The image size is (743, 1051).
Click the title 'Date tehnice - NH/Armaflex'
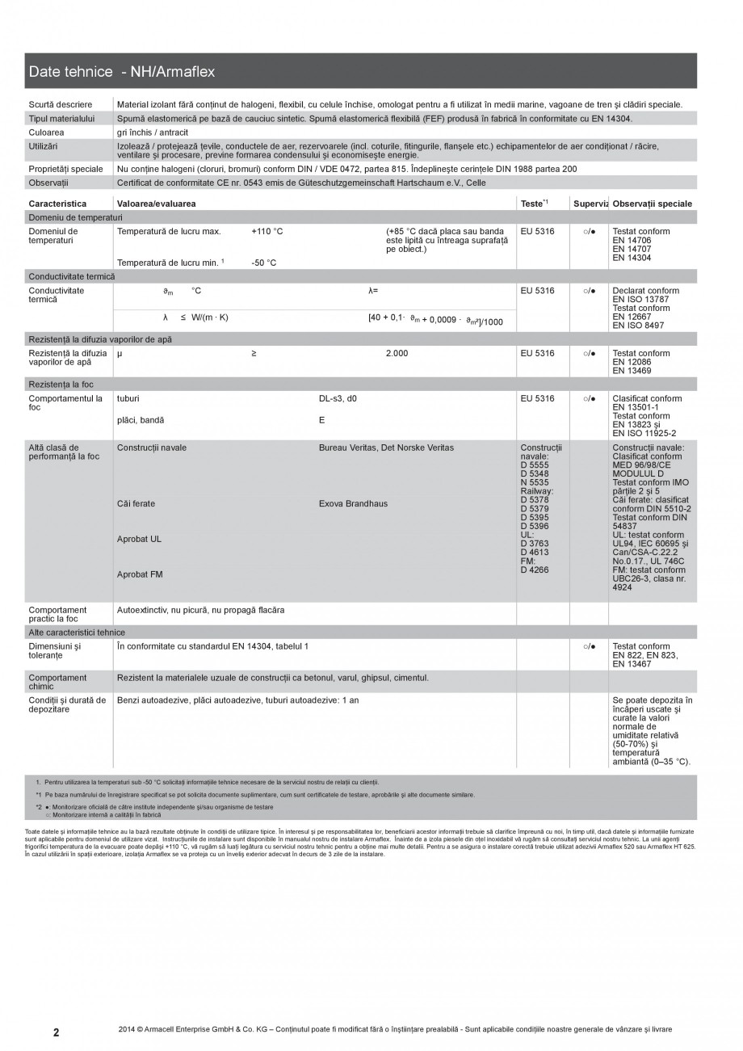122,72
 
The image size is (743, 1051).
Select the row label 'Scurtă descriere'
61,104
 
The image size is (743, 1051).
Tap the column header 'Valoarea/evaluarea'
157,204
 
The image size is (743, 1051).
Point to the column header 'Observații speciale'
652,204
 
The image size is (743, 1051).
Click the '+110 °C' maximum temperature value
267,232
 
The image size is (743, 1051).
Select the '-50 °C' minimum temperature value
264,263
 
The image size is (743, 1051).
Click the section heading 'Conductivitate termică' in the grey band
72,276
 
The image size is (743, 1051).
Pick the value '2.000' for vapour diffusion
397,354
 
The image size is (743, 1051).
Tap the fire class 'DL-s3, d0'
338,399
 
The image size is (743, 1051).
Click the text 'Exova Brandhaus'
353,504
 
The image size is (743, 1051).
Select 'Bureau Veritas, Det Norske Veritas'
386,448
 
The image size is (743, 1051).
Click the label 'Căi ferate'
136,504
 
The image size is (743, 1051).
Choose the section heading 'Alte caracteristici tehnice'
77,633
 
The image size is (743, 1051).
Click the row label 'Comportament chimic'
57,683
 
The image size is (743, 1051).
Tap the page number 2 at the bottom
56,1032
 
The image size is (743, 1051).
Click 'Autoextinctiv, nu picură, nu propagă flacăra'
200,610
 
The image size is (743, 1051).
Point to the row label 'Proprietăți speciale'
65,169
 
